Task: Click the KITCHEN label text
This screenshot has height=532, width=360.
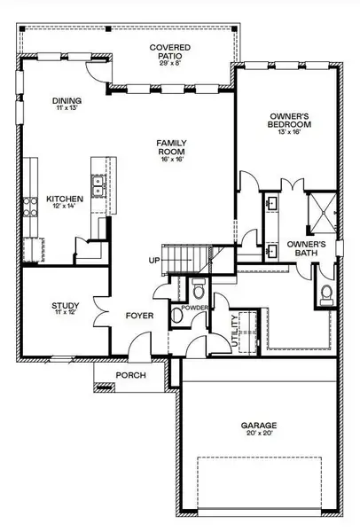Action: [64, 200]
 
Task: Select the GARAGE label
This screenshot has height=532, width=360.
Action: [260, 426]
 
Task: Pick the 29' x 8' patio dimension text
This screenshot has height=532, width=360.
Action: [171, 62]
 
